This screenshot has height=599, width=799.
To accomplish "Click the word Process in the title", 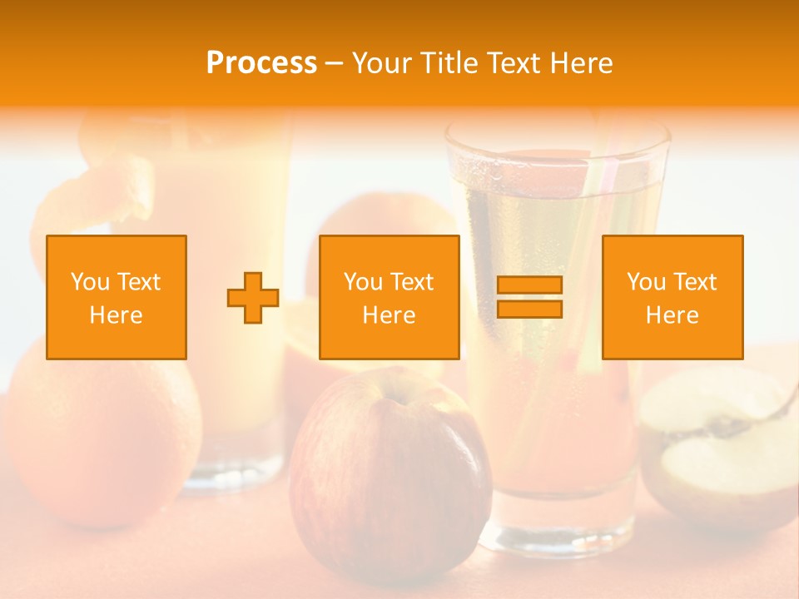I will click(x=261, y=63).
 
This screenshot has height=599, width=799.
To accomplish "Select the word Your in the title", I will click(x=383, y=63).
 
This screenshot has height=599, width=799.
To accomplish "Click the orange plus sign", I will click(x=253, y=298).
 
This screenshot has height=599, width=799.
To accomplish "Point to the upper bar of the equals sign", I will click(x=529, y=285).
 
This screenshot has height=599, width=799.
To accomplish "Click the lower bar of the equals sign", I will click(x=529, y=309).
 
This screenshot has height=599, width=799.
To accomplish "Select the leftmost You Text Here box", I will click(x=117, y=297).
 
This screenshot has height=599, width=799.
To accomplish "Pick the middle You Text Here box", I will click(x=389, y=297).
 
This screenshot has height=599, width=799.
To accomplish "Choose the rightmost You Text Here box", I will click(x=672, y=297).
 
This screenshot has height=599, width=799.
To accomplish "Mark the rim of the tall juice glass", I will click(x=557, y=133).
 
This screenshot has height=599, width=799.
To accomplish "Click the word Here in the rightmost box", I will click(x=672, y=315).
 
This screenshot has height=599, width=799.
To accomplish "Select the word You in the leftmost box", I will click(x=90, y=282).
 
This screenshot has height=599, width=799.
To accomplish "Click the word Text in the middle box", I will click(x=411, y=282).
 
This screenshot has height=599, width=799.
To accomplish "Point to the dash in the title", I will click(x=335, y=64).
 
